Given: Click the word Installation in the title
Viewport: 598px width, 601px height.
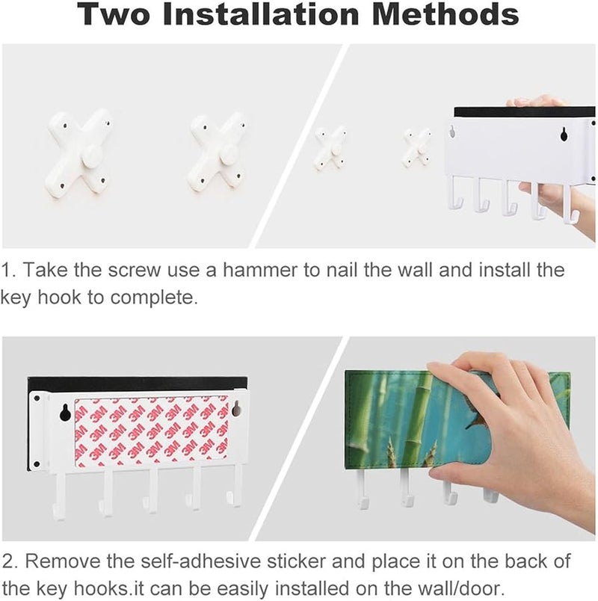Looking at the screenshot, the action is [261, 13].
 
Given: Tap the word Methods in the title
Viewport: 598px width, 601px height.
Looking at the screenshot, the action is [446, 13].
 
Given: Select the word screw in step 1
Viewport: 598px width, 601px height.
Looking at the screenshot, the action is [134, 270].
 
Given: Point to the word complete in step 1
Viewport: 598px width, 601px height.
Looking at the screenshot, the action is [154, 298].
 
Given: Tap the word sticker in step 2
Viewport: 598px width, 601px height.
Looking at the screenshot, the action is [296, 561].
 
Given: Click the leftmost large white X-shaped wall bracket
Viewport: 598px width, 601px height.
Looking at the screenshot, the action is [78, 153].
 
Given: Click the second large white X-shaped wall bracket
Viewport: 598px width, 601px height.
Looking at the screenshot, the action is [218, 152].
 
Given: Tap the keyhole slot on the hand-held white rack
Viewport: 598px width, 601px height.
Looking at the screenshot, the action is [564, 134].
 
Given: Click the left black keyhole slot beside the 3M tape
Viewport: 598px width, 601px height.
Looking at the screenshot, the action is [64, 413].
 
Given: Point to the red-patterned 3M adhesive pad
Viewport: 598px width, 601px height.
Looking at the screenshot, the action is [152, 433].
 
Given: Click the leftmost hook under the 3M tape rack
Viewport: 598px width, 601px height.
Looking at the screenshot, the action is [59, 496].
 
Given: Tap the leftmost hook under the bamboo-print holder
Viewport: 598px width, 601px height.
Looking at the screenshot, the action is [361, 489].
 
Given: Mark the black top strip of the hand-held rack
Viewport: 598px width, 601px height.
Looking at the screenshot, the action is [525, 111].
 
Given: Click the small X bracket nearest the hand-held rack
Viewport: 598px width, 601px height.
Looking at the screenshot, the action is [418, 147].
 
